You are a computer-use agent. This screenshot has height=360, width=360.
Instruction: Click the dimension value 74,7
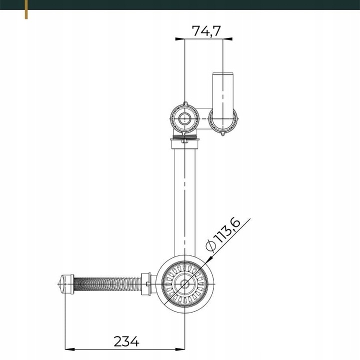pyautogui.click(x=206, y=31)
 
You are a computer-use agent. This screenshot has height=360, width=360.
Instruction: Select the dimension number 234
pyautogui.click(x=126, y=341)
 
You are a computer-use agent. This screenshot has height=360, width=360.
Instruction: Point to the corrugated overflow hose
pyautogui.click(x=107, y=285)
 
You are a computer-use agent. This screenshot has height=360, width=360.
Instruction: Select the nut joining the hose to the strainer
pyautogui.click(x=146, y=285)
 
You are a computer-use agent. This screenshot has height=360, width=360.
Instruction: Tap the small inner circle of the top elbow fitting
pyautogui.click(x=185, y=118)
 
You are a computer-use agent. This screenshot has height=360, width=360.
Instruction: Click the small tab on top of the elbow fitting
pyautogui.click(x=185, y=103)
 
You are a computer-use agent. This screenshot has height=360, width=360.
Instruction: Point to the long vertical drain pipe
pyautogui.click(x=185, y=200)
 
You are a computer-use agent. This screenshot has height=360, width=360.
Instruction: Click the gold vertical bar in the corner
pyautogui.click(x=26, y=10)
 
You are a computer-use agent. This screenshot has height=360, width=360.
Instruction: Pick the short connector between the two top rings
pyautogui.click(x=204, y=119)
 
